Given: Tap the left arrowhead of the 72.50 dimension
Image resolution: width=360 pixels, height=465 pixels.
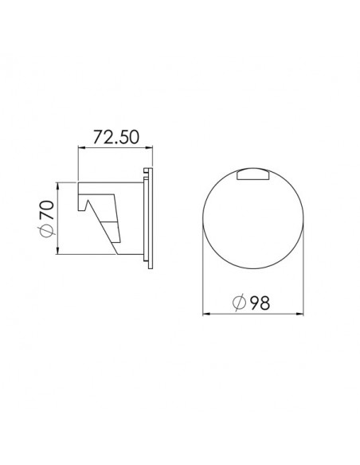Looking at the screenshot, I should pyautogui.click(x=80, y=147).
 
